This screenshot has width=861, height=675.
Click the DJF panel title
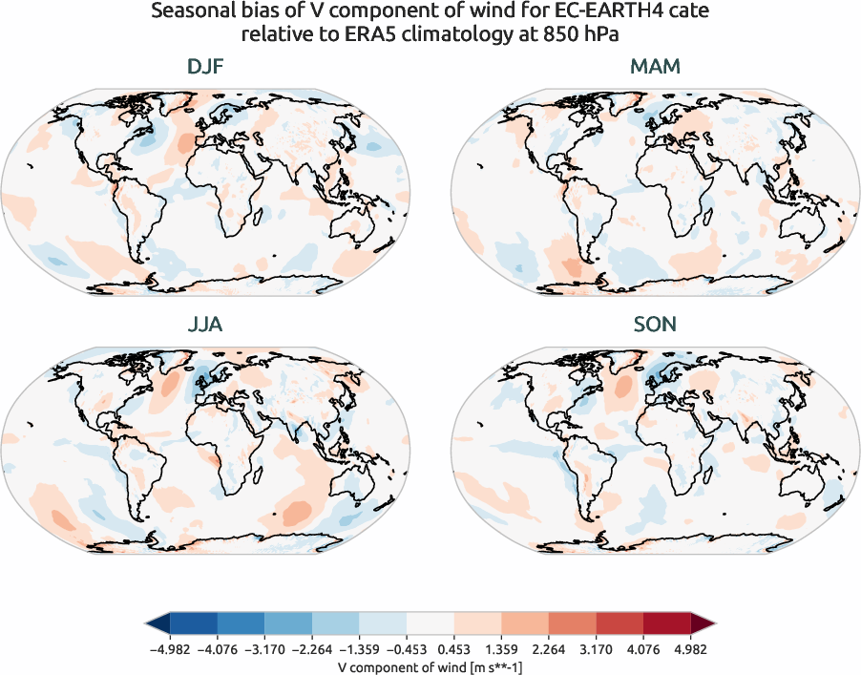(x=206, y=68)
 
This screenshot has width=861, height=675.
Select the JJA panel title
(x=206, y=325)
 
